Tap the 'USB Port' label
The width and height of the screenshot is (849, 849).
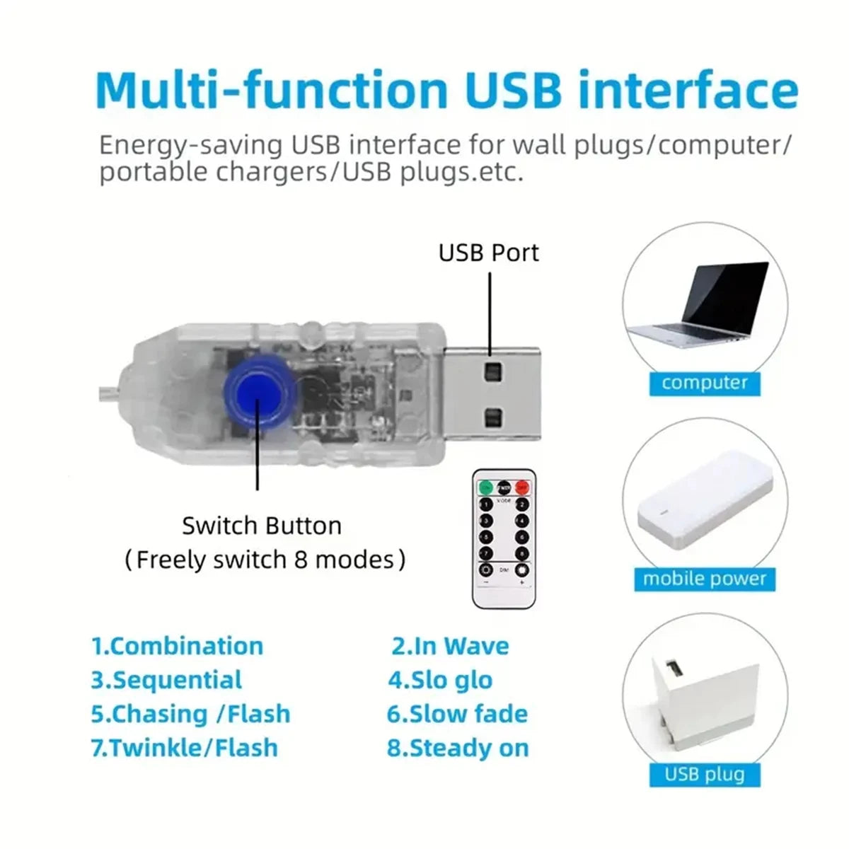(488, 253)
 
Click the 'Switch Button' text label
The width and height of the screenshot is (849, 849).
(262, 526)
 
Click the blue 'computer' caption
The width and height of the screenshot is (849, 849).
(705, 383)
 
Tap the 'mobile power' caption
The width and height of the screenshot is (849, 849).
(705, 579)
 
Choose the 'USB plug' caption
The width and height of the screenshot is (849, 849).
(705, 773)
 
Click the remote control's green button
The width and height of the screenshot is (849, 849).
(486, 487)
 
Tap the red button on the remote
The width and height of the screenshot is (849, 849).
(522, 487)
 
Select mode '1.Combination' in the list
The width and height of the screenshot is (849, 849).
(178, 646)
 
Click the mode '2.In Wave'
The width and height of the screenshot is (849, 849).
(451, 646)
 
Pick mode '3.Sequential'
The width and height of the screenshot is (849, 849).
(167, 680)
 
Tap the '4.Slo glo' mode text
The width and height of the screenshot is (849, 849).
(440, 680)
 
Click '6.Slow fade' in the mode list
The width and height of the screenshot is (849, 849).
(457, 714)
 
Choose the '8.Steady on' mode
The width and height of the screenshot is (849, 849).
(458, 748)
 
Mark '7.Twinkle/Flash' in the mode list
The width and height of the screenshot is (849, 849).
(185, 748)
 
